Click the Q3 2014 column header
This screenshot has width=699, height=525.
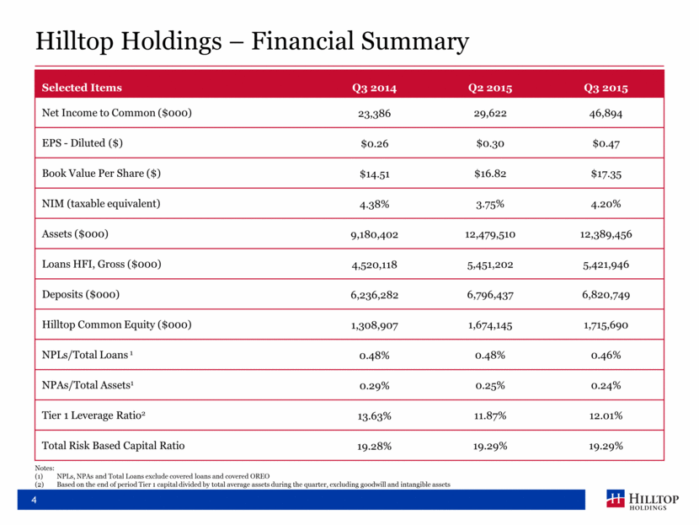(375, 88)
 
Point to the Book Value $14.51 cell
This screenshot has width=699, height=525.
(375, 174)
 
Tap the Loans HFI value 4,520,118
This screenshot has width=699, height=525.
(375, 265)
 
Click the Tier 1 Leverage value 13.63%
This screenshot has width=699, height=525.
(375, 415)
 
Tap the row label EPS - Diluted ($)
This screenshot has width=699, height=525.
(83, 144)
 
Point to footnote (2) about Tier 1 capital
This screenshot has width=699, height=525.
(253, 485)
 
